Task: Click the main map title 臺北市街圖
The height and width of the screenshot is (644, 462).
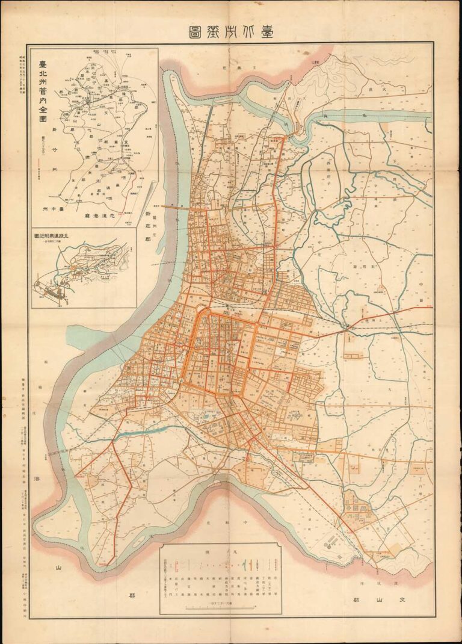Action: tap(231, 33)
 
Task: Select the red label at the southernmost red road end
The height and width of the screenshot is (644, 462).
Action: tap(105, 562)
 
